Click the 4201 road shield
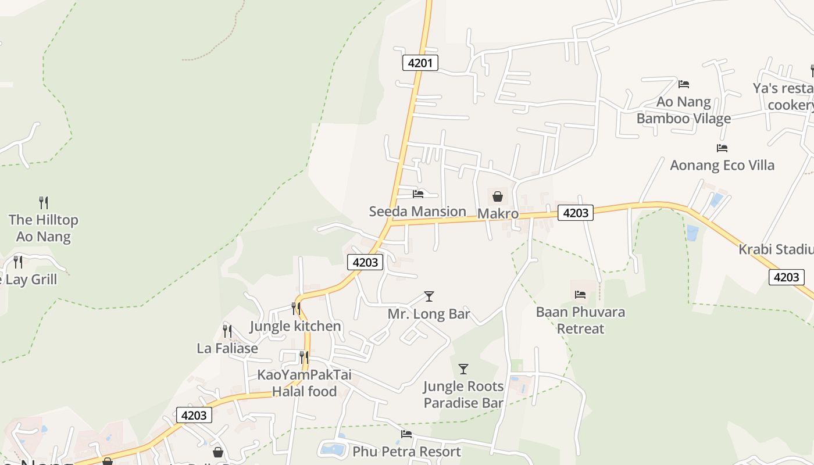pos(420,63)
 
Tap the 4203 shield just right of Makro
pos(576,213)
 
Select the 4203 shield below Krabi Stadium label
pos(786,277)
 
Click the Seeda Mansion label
pos(417,212)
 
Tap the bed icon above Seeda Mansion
pos(417,194)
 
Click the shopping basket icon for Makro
pos(498,196)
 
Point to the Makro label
pos(498,214)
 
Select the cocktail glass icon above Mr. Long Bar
pos(429,296)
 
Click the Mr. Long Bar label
pos(429,314)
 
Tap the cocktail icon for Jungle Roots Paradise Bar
pos(463,369)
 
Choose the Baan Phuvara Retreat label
pos(580,320)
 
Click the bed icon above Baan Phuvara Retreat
pos(580,295)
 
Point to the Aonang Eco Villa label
pos(722,165)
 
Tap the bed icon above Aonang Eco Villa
pos(722,148)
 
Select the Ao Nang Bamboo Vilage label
pos(684,110)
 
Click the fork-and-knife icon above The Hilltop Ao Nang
pos(44,203)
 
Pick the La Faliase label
pos(227,348)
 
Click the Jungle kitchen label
pos(295,326)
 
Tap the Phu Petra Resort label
pos(406,452)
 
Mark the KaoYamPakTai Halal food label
pos(305,383)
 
